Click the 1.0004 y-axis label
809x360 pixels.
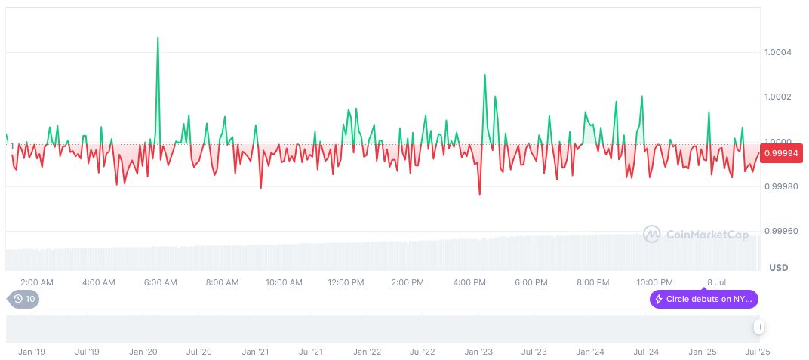[x=777, y=52]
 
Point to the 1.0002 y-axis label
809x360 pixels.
[x=777, y=97]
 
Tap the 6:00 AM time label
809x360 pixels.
[x=160, y=282]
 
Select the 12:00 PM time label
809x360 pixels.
[x=346, y=282]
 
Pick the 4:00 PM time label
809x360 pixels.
[x=469, y=282]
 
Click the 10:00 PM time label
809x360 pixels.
[x=654, y=282]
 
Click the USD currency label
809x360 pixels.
[x=778, y=268]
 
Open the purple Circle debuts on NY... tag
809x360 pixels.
[x=703, y=300]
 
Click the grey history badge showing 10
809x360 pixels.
[x=24, y=299]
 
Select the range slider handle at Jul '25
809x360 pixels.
[x=758, y=327]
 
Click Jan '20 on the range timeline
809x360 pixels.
[x=143, y=352]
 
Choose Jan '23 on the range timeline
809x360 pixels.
[x=478, y=352]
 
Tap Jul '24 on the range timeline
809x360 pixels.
[x=646, y=352]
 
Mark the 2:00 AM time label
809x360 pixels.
[x=37, y=282]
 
